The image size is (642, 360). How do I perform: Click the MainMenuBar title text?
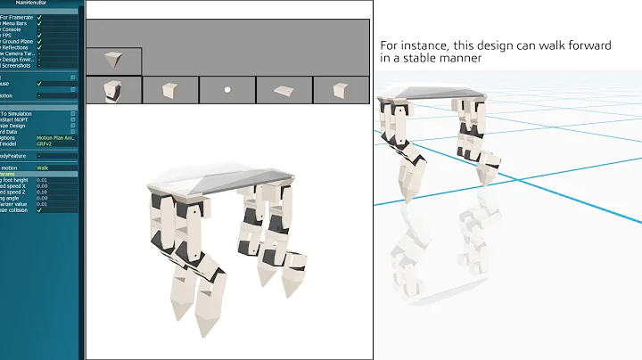pos(43,4)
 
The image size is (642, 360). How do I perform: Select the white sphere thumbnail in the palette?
pos(227,90)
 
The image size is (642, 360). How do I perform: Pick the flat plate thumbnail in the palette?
pos(284,90)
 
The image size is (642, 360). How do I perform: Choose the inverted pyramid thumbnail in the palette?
pos(113,61)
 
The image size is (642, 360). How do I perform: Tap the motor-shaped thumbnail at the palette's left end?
pos(113,90)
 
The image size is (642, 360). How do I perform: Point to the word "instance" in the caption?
pos(421,45)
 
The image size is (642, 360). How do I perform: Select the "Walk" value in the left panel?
pos(43,168)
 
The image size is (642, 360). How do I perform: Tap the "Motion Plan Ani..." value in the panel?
pos(54,138)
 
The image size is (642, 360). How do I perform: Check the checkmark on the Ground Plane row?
pos(40,41)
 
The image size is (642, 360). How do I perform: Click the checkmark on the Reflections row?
pos(40,47)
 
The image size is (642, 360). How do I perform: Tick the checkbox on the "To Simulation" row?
pos(73,114)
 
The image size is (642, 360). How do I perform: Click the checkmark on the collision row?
pos(40,210)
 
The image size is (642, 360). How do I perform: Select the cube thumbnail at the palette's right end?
pos(340,90)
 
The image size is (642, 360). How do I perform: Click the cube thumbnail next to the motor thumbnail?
pos(169,90)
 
